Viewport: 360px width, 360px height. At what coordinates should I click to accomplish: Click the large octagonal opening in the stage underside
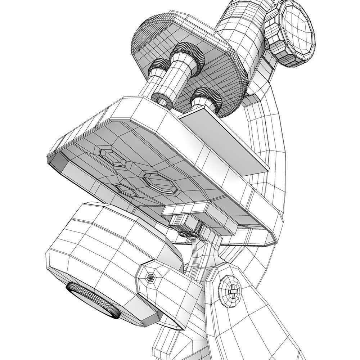pyautogui.click(x=159, y=183)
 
